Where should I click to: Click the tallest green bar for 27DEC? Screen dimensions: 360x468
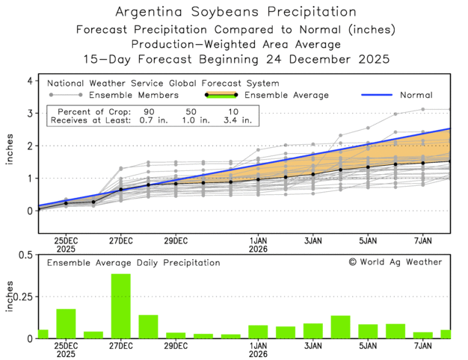point(120,306)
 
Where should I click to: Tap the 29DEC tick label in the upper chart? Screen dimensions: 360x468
point(175,240)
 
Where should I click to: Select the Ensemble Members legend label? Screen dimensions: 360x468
point(133,96)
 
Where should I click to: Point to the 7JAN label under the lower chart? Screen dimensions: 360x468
point(423,347)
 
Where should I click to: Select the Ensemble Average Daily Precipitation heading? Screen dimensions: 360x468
point(133,263)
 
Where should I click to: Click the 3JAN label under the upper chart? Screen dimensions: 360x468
point(312,240)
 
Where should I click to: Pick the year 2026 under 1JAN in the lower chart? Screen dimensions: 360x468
point(258,356)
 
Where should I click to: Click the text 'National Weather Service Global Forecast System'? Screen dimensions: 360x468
point(163,84)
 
